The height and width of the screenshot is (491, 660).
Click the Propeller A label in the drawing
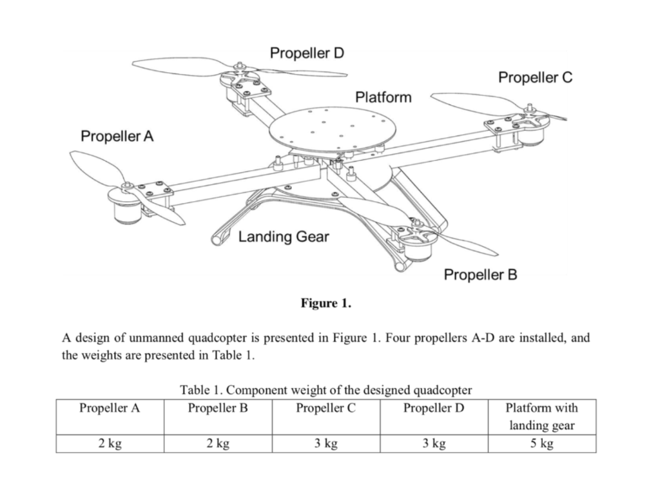pyautogui.click(x=117, y=136)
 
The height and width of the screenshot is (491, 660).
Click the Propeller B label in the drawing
pyautogui.click(x=480, y=275)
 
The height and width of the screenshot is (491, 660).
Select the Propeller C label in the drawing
pyautogui.click(x=535, y=78)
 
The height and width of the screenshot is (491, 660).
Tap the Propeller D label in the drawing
pyautogui.click(x=307, y=53)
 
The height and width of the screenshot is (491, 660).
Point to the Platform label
pyautogui.click(x=383, y=97)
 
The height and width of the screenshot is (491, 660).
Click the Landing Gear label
pyautogui.click(x=284, y=236)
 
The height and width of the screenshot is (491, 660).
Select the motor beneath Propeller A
pyautogui.click(x=127, y=208)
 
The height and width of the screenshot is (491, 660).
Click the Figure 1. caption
pyautogui.click(x=326, y=303)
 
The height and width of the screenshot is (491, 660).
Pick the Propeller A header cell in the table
pyautogui.click(x=110, y=408)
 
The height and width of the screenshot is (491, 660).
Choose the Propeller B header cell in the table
pyautogui.click(x=218, y=408)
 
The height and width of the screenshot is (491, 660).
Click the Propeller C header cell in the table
pyautogui.click(x=325, y=408)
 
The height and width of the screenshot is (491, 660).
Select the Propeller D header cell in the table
pyautogui.click(x=434, y=408)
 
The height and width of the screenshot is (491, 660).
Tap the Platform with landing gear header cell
pyautogui.click(x=541, y=416)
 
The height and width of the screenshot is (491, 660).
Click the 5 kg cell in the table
pyautogui.click(x=541, y=444)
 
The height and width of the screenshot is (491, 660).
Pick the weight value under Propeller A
pyautogui.click(x=110, y=444)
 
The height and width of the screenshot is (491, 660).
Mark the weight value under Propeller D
pyautogui.click(x=434, y=444)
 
